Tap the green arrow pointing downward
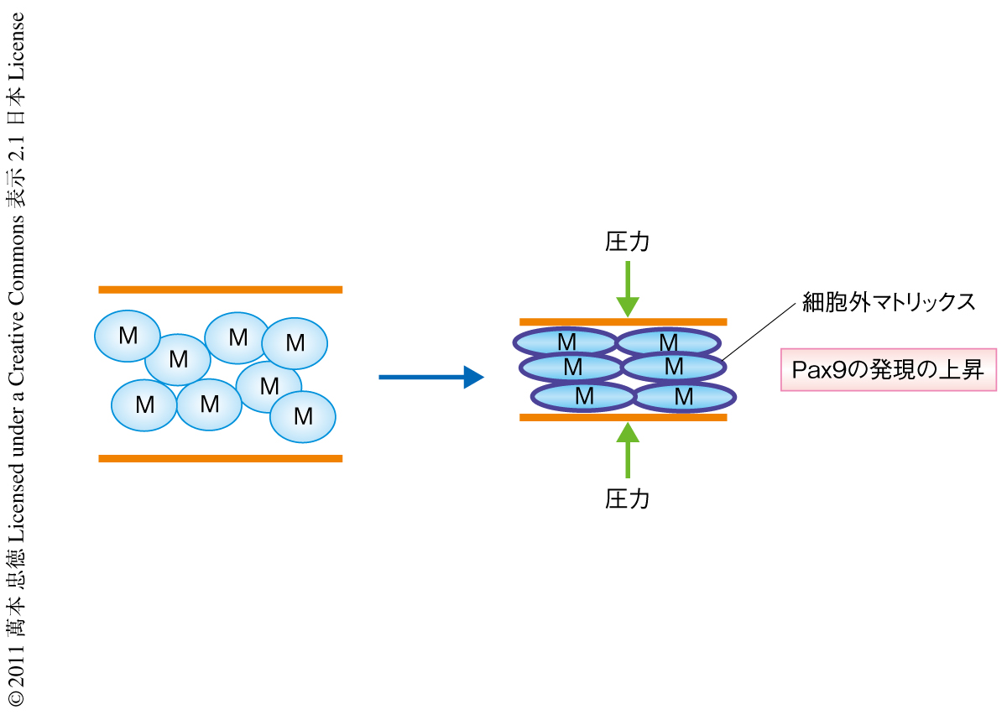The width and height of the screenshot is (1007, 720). click(627, 290)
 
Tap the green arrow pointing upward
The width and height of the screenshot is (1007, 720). click(627, 449)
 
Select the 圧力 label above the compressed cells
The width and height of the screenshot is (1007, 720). click(627, 242)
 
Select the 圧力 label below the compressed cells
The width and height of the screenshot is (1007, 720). click(627, 498)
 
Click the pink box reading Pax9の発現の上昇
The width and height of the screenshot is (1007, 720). click(889, 370)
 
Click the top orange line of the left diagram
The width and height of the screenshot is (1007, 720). click(220, 290)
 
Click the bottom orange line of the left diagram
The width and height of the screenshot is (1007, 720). click(220, 458)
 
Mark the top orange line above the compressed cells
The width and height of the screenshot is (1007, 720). click(623, 321)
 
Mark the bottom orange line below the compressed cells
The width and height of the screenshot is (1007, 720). click(623, 416)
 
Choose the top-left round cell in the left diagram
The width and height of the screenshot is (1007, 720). click(128, 336)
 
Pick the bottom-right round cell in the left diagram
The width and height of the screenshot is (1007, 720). click(303, 415)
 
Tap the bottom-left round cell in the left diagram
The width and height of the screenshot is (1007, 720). click(144, 405)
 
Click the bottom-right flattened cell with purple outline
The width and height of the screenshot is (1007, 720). click(684, 396)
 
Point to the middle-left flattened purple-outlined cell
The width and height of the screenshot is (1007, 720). click(572, 368)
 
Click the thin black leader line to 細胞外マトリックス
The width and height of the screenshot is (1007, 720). click(759, 330)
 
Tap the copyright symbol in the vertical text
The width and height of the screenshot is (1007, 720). click(16, 698)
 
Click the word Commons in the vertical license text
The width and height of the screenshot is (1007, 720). click(16, 251)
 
